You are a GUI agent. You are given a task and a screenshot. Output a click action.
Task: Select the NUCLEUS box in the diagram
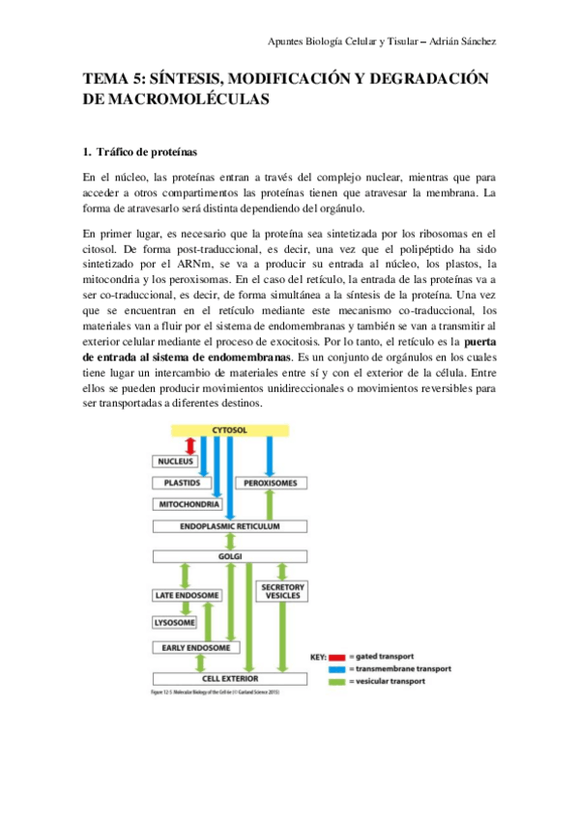coord(175,463)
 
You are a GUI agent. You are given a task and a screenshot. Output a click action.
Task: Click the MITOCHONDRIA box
coord(188,504)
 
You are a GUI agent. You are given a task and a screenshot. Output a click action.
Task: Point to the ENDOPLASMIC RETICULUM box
coord(230,527)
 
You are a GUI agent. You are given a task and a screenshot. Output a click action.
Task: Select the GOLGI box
coord(230,557)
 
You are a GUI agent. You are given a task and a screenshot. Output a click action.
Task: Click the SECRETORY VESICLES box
coord(283,590)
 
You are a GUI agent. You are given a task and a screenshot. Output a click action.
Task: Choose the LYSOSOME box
coord(176,623)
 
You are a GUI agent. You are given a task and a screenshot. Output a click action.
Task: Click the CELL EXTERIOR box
coord(230,678)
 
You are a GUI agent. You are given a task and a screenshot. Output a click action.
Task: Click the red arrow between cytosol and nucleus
coord(189,446)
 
